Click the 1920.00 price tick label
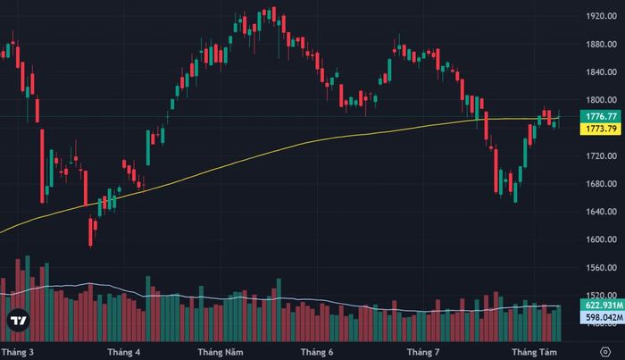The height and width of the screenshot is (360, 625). [x=601, y=16]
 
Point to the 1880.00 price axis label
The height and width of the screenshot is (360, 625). [x=601, y=45]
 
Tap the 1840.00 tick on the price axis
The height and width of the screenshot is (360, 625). [x=601, y=72]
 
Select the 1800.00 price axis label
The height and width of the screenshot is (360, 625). [x=601, y=100]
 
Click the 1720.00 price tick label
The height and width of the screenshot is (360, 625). [x=601, y=155]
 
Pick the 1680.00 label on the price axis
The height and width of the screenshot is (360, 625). [x=601, y=184]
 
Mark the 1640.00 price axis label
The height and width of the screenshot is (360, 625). [x=601, y=212]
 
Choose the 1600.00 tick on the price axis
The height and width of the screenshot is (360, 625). [x=601, y=239]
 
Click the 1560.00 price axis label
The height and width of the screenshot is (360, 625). [x=601, y=267]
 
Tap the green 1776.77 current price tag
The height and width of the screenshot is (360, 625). [x=601, y=116]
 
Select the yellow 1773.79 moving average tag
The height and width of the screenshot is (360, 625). [x=601, y=129]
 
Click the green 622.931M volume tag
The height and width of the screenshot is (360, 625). [x=603, y=306]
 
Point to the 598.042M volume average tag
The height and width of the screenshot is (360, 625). [x=603, y=317]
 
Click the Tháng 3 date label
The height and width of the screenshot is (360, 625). [x=18, y=353]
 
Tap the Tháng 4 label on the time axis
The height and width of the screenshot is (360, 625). [x=123, y=353]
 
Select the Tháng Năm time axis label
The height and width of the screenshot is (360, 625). [x=221, y=353]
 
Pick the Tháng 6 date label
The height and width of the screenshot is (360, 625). [x=317, y=353]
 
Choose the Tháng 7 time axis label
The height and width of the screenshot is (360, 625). [x=423, y=353]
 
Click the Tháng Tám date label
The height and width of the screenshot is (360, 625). [x=534, y=353]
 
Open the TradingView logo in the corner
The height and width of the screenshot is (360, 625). [x=19, y=321]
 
